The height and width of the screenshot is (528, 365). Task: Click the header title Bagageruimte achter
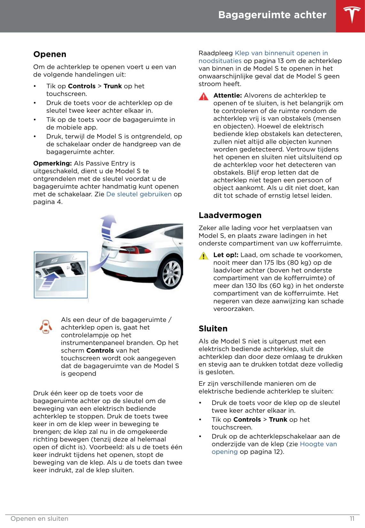coord(272,15)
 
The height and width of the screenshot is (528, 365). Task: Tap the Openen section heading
coord(50,54)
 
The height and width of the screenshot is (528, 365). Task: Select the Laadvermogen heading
coord(230,215)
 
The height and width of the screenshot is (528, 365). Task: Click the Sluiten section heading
coord(213,329)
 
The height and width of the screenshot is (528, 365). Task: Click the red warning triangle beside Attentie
coord(203,96)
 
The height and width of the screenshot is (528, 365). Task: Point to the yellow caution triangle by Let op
coord(203,256)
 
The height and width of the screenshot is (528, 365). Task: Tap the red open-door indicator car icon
coord(46,327)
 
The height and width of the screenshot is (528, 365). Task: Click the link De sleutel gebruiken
coord(139,194)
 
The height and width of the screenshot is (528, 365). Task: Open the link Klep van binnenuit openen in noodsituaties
coord(281,53)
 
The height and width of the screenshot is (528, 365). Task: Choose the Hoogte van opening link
coord(318,444)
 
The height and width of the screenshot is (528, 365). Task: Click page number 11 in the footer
coord(352,519)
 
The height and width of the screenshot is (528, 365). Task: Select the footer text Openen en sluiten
coord(39,519)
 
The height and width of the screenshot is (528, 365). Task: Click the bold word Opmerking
coord(52,163)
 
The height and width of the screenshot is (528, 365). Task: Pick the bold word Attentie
coord(227,95)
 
